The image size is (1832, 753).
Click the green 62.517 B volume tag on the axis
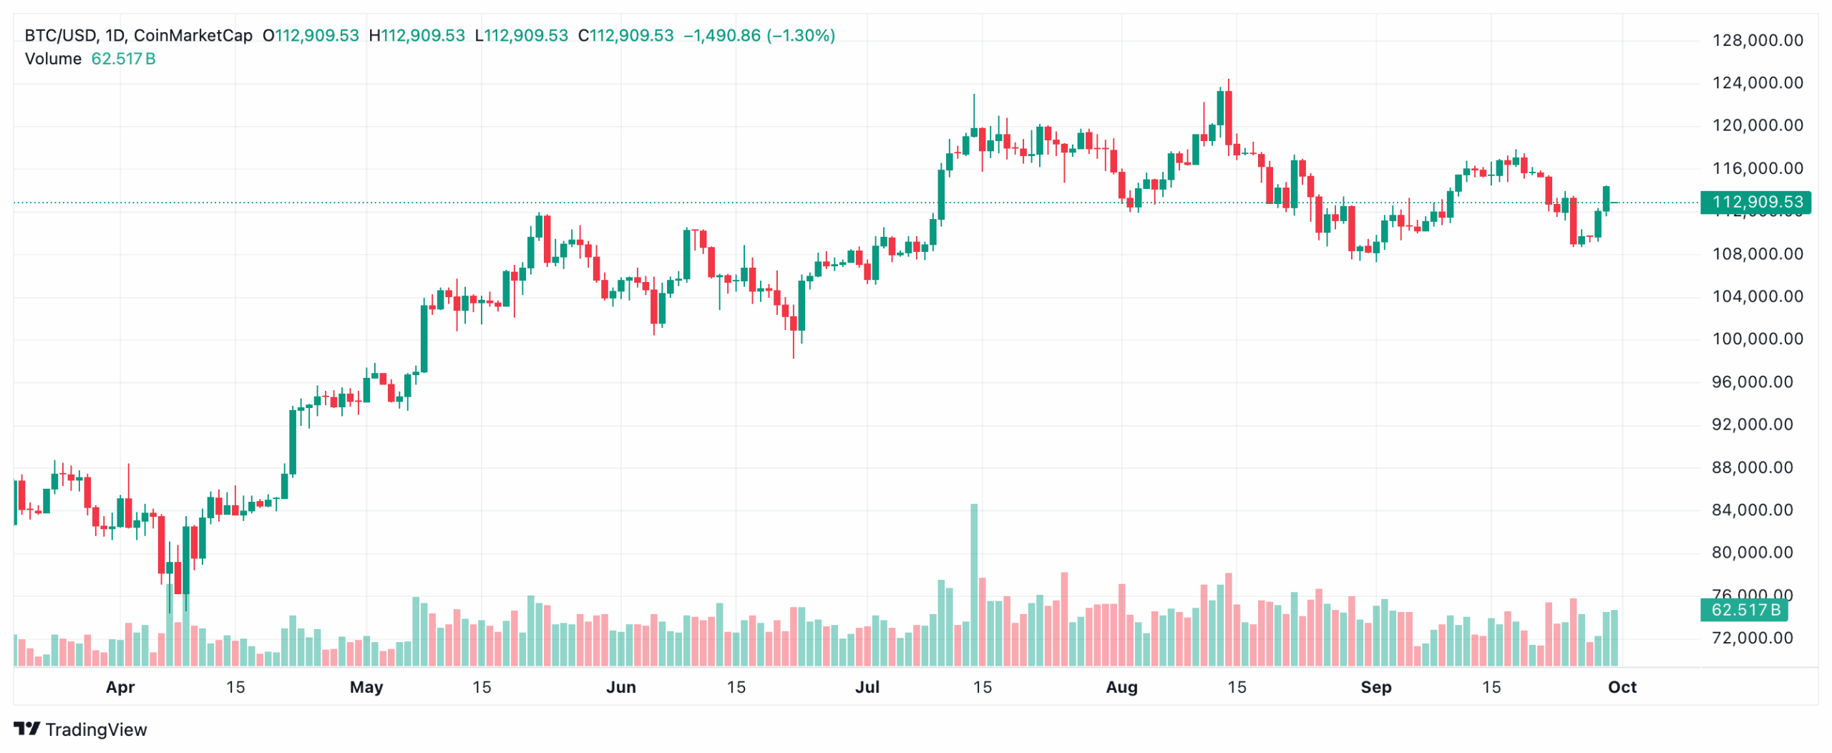tap(1744, 611)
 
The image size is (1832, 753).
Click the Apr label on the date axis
tap(120, 688)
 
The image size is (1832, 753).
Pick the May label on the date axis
tap(366, 688)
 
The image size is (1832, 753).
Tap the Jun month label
tap(620, 688)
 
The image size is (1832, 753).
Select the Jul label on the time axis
tap(867, 688)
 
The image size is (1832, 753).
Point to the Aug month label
tap(1121, 688)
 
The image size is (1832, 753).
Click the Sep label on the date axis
tap(1375, 688)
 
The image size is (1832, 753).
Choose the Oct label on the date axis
tap(1622, 688)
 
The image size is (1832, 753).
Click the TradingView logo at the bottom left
tap(80, 729)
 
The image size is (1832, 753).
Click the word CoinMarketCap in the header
tap(193, 36)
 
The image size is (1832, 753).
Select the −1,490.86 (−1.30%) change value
tap(759, 36)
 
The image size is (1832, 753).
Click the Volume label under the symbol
tap(53, 59)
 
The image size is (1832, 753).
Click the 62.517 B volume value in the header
tap(123, 59)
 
